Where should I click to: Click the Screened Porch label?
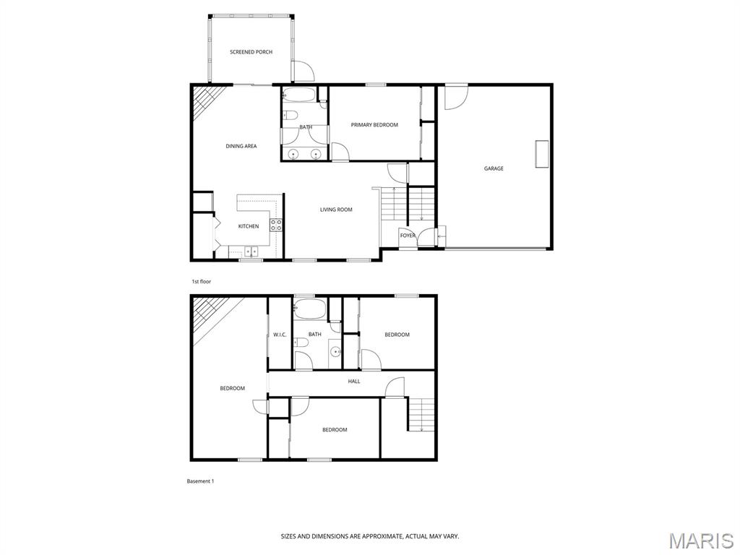(251, 52)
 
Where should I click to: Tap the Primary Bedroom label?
(374, 125)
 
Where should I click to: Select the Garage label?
(494, 168)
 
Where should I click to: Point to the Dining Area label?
(241, 146)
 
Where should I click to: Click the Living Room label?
(336, 210)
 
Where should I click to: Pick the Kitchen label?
(249, 226)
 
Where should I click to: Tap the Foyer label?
(408, 236)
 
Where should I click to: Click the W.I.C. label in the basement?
(280, 335)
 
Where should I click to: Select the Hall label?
(354, 382)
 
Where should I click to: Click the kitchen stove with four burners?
(276, 225)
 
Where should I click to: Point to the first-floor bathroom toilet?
(290, 116)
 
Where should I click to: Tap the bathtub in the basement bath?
(309, 308)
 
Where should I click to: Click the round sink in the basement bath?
(335, 351)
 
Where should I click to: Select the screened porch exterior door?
(303, 72)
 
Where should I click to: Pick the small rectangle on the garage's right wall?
(542, 153)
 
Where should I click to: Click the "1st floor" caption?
(201, 282)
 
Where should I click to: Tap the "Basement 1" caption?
(201, 481)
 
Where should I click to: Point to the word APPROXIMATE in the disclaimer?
(382, 537)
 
